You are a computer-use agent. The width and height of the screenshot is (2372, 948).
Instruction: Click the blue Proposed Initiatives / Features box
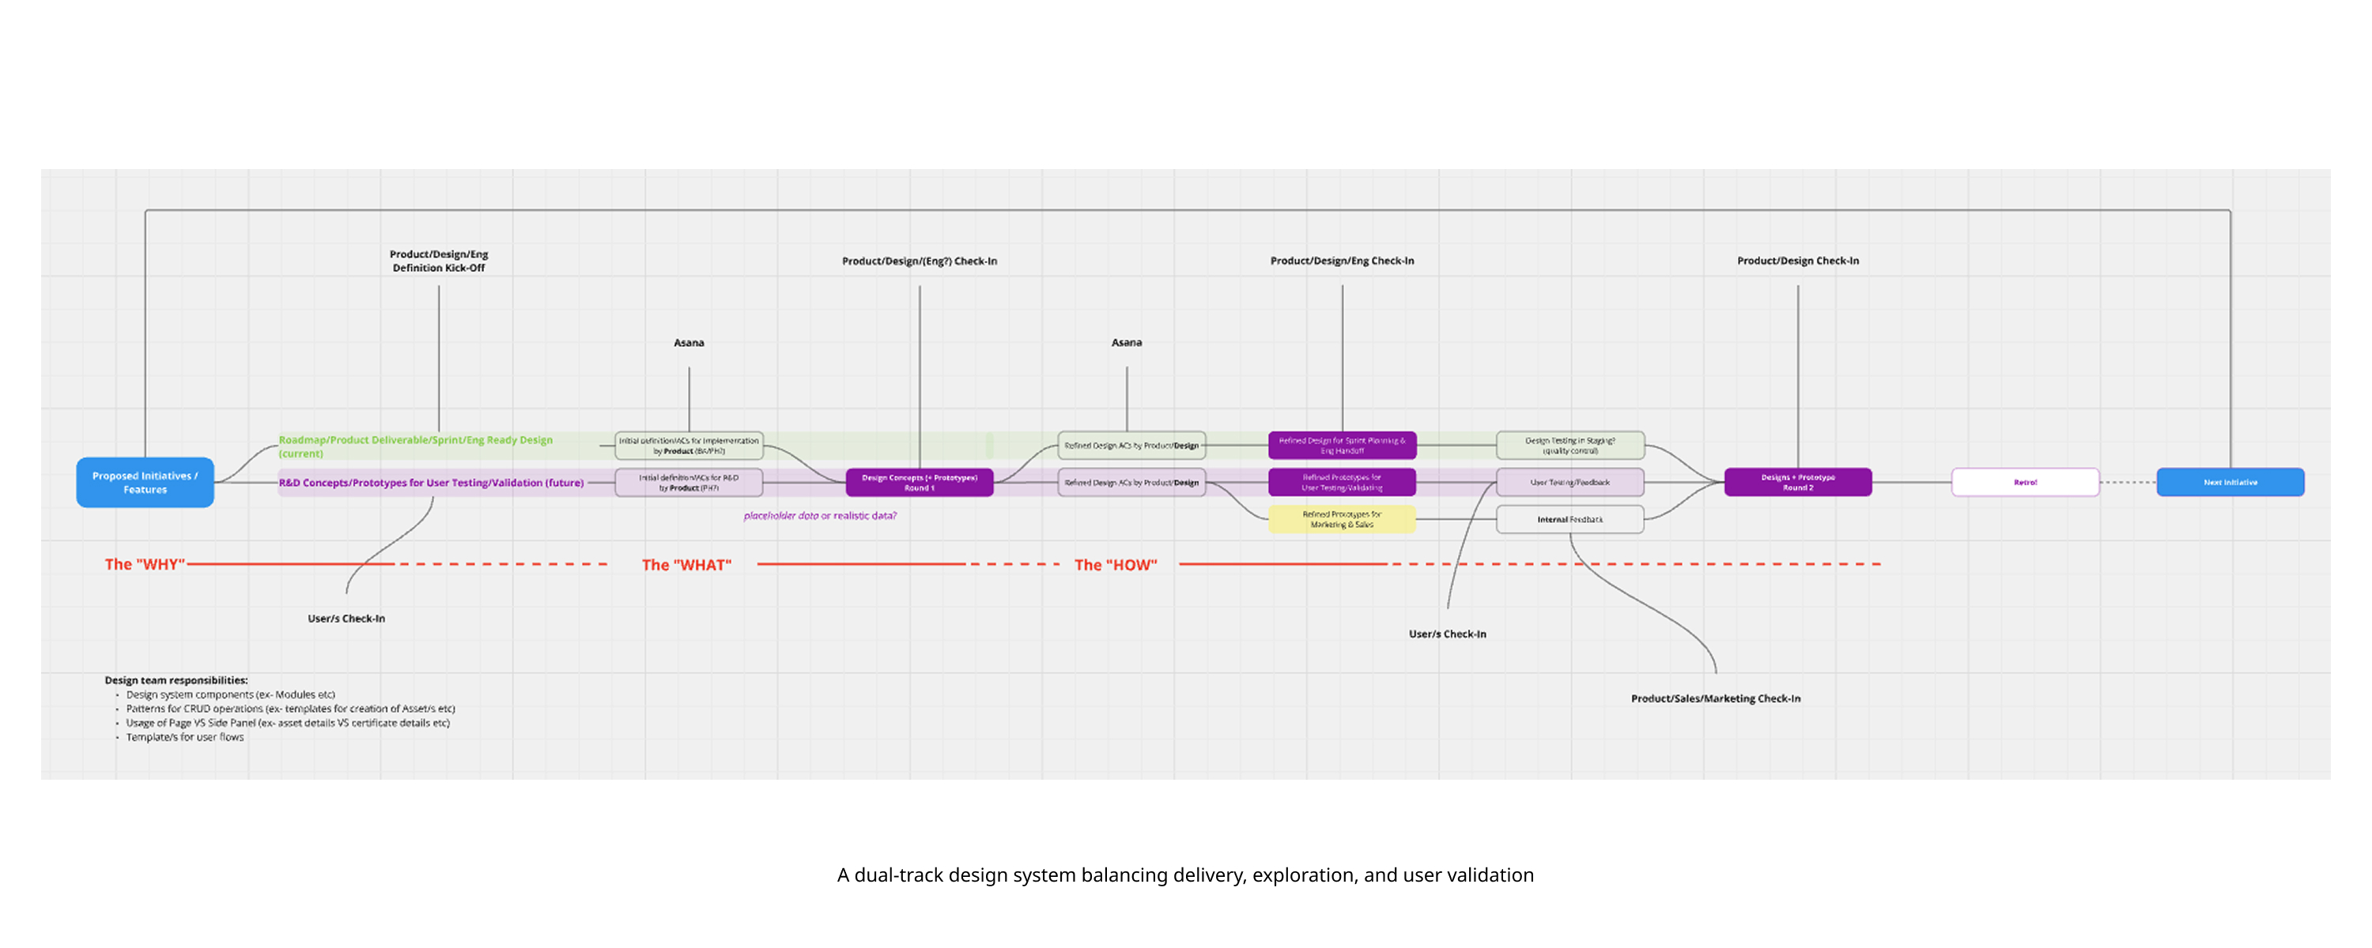[145, 482]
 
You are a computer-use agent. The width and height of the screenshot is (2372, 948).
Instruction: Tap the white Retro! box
[2025, 482]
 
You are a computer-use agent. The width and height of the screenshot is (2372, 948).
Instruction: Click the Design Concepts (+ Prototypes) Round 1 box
[919, 482]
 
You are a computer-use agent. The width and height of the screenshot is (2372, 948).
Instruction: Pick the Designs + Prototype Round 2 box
[1797, 482]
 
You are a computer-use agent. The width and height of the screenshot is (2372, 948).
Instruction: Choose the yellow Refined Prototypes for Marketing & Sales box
[1342, 519]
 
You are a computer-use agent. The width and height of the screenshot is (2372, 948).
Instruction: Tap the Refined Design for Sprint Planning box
[1342, 446]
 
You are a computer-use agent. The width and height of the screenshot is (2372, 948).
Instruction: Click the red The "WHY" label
[145, 564]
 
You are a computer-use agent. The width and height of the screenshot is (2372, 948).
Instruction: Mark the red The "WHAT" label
[686, 565]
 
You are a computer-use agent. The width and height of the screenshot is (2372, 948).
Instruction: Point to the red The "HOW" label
[1115, 565]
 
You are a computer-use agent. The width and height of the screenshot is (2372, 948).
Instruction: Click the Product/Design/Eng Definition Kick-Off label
[438, 261]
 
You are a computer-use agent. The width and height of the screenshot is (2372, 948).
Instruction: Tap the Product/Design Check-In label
[1797, 261]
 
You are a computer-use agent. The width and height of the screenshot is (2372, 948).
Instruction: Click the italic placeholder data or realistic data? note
[819, 515]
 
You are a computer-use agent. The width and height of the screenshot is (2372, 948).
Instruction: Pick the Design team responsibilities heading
[176, 680]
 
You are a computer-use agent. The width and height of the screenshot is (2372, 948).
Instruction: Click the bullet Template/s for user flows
[184, 737]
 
